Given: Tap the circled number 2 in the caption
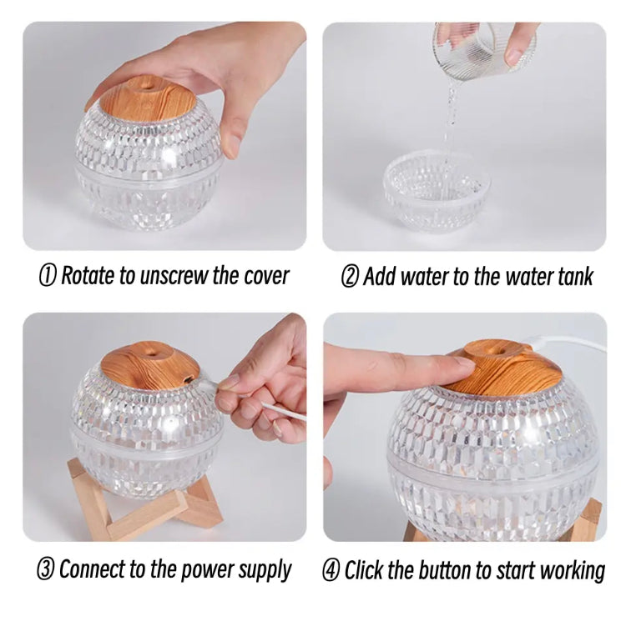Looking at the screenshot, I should click(350, 277).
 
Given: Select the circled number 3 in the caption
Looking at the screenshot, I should click(47, 570).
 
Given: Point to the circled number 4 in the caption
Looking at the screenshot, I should click(332, 570).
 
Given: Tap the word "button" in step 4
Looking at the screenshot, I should click(440, 570).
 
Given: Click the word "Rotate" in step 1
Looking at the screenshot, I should click(88, 277).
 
